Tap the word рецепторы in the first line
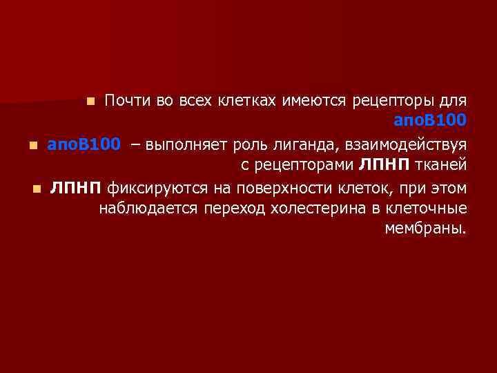click(386, 101)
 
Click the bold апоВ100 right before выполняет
click(84, 144)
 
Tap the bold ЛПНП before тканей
click(383, 165)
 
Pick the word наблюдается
click(148, 208)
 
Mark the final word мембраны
click(425, 229)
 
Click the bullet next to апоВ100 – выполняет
click(32, 146)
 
